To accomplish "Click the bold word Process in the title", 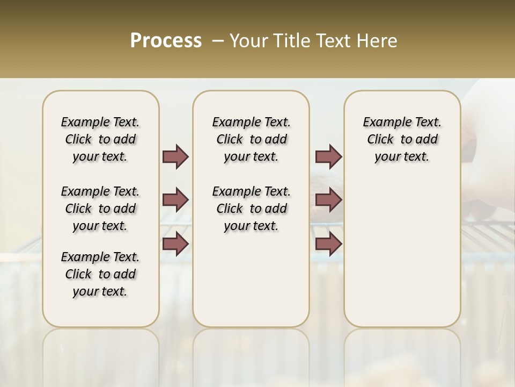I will tap(166, 41).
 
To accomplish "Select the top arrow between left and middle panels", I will tap(175, 157).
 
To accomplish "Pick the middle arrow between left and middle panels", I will tap(175, 200).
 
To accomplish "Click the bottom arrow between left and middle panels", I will tap(175, 244).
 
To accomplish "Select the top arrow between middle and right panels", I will tap(328, 157).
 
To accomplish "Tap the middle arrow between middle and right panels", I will tap(328, 200).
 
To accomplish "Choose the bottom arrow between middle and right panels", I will tap(328, 244).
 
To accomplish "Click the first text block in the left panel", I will tap(100, 139).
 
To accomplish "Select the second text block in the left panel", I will tap(100, 209).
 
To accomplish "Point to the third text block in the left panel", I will tap(100, 274).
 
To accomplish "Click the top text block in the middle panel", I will tap(251, 139).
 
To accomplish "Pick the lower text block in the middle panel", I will tap(251, 209).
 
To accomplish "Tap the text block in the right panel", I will tap(402, 139).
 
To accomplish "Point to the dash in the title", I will tap(217, 41).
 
